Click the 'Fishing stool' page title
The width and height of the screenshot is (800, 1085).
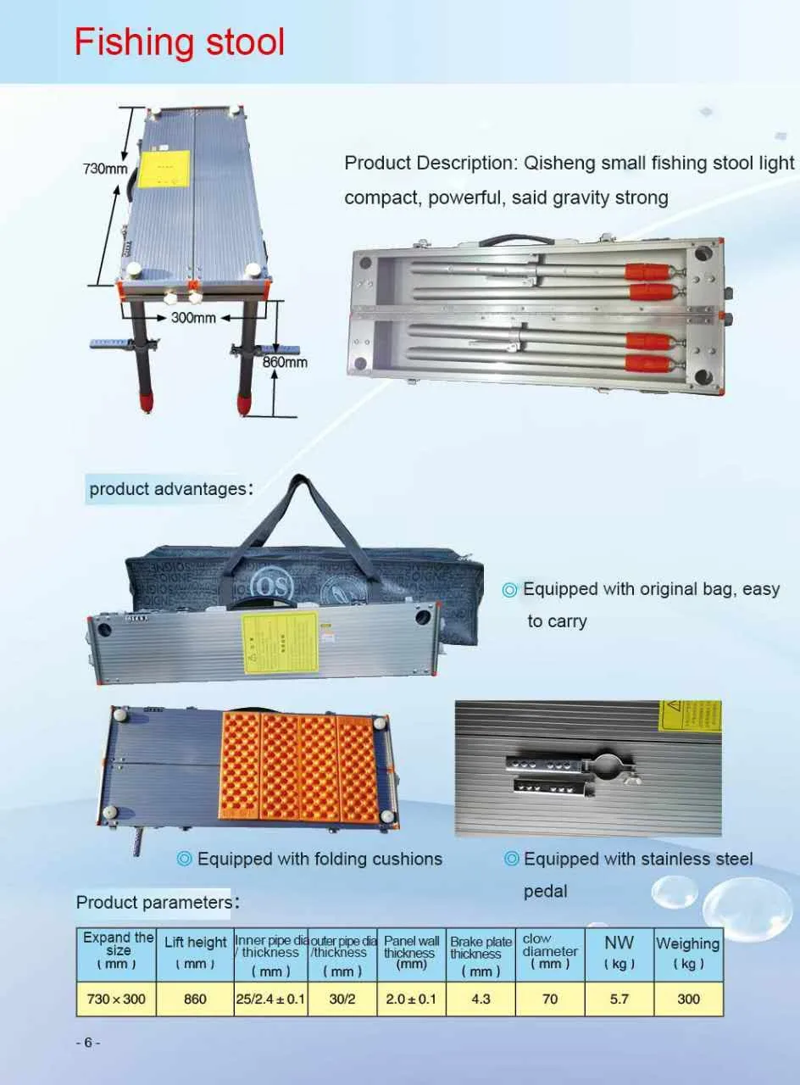click(x=180, y=42)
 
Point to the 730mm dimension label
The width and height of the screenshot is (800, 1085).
click(x=104, y=169)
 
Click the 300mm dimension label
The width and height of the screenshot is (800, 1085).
click(x=193, y=318)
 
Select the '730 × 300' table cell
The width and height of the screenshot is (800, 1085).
click(x=116, y=999)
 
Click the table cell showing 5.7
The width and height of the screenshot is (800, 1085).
click(x=619, y=999)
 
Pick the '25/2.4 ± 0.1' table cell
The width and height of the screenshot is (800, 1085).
click(x=270, y=999)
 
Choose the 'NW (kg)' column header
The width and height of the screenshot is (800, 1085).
click(x=619, y=954)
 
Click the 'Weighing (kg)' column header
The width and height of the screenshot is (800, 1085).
click(x=688, y=954)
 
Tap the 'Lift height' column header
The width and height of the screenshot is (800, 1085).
click(x=195, y=952)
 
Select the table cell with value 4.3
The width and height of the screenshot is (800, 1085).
click(x=481, y=999)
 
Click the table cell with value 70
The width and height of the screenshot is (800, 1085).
click(x=550, y=999)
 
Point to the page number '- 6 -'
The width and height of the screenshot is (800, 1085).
click(x=87, y=1043)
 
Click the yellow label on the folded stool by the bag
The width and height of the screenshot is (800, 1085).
click(x=280, y=643)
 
